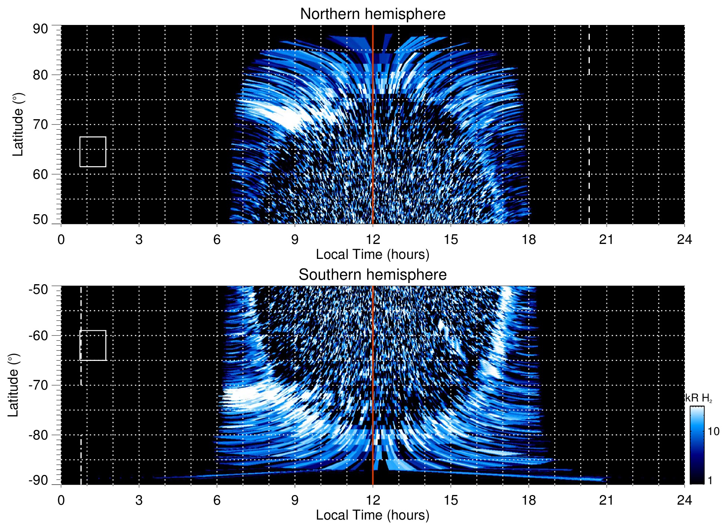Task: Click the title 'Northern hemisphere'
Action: point(372,14)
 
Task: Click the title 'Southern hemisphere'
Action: point(372,275)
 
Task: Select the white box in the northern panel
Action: point(93,152)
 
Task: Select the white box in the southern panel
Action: point(93,345)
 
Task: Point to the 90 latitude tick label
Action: point(40,29)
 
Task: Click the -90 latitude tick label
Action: point(38,480)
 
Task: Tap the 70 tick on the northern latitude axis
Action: point(40,124)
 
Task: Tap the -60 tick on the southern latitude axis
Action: point(38,336)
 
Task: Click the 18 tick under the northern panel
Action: point(529,239)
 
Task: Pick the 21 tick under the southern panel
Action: point(606,500)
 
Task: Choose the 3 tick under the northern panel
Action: point(139,239)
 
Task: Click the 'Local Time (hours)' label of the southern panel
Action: point(372,515)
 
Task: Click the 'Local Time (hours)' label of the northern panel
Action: point(372,254)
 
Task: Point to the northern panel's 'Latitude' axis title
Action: point(18,124)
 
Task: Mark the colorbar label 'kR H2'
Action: point(699,398)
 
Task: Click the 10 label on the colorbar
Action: point(713,431)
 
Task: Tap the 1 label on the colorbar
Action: point(710,480)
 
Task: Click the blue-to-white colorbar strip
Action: point(697,445)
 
